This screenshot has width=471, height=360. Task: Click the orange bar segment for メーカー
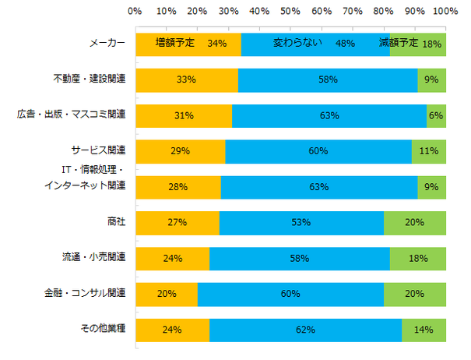point(188,44)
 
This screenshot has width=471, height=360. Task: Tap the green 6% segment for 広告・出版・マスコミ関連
point(436,115)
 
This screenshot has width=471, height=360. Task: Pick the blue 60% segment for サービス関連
point(318,151)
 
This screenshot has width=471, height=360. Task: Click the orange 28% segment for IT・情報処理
point(178,187)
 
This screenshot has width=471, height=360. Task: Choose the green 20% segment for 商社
point(414,223)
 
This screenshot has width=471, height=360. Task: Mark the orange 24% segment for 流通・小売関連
point(172,257)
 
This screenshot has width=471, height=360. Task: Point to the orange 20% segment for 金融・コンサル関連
point(166,293)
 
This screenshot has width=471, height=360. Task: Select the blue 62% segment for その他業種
point(305,329)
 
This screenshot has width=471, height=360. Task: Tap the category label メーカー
point(108,43)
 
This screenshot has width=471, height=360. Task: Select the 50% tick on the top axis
point(290,12)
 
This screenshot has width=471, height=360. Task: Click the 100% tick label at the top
point(445,12)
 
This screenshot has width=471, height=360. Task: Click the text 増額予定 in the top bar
point(174,42)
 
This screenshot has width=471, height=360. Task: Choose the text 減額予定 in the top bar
point(399,42)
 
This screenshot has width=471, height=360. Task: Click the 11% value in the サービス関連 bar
point(429,151)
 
